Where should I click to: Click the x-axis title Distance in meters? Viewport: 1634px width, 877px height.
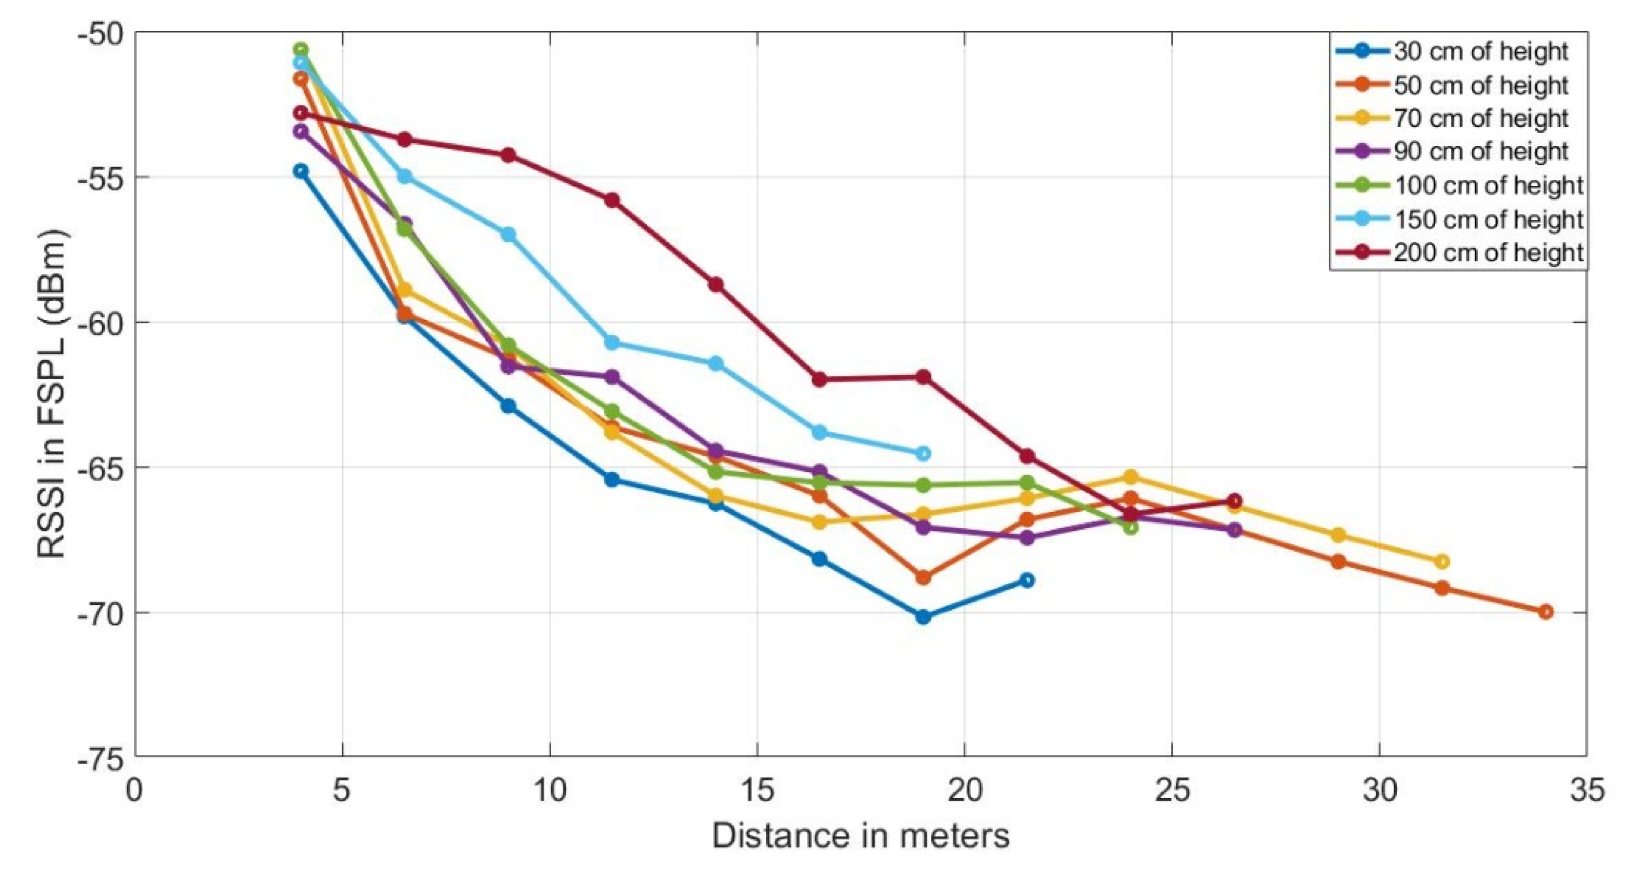[860, 836]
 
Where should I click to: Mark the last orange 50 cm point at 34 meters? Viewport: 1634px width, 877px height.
[1546, 611]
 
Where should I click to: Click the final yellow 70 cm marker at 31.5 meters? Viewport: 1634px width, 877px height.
[1442, 561]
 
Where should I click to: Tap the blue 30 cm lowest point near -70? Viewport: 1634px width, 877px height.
[923, 616]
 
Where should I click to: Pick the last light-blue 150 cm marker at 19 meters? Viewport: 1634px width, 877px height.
[923, 454]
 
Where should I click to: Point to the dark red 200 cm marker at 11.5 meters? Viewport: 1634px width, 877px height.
[612, 200]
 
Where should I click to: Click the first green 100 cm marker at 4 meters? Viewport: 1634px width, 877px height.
[300, 50]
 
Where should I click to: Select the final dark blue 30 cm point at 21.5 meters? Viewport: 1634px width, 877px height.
[1028, 579]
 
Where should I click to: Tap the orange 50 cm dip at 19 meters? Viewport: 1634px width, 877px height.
[923, 578]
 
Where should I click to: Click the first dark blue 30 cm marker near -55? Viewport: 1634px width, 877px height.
[300, 171]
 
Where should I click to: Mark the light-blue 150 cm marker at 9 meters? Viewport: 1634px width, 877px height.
[508, 234]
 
